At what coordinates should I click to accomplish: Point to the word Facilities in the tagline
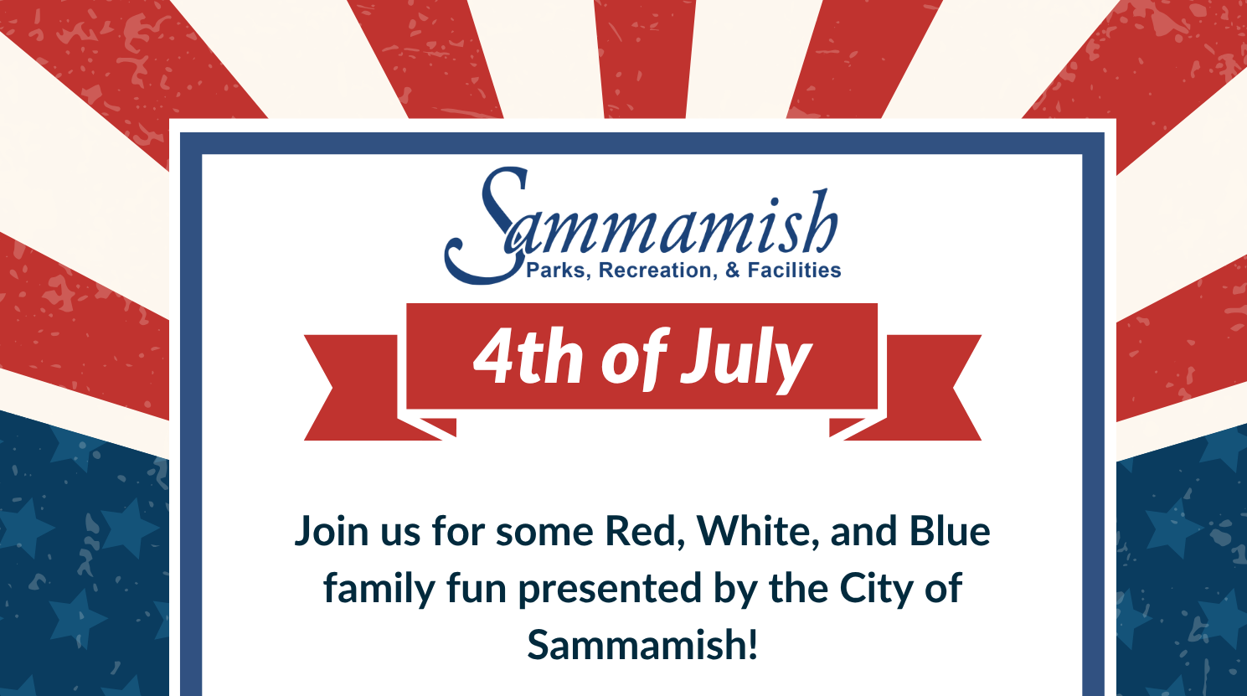(794, 270)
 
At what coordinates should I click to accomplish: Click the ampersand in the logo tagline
(733, 270)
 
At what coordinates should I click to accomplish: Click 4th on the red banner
(528, 356)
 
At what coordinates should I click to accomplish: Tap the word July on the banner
(746, 359)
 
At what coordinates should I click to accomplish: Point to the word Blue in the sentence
(950, 531)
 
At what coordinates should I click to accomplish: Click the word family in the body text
(379, 590)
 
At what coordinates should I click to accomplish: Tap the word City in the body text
(876, 590)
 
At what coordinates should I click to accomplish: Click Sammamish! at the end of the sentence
(642, 645)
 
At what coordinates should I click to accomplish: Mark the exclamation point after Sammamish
(753, 644)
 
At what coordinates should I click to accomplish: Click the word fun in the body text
(477, 588)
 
